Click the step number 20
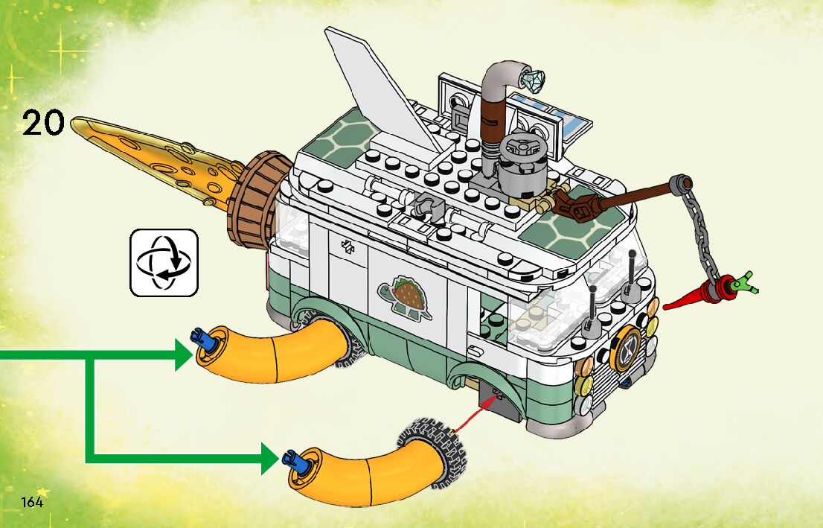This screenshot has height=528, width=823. coord(44,123)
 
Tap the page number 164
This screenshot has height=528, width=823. coord(32,500)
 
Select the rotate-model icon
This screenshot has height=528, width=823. coord(164,261)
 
